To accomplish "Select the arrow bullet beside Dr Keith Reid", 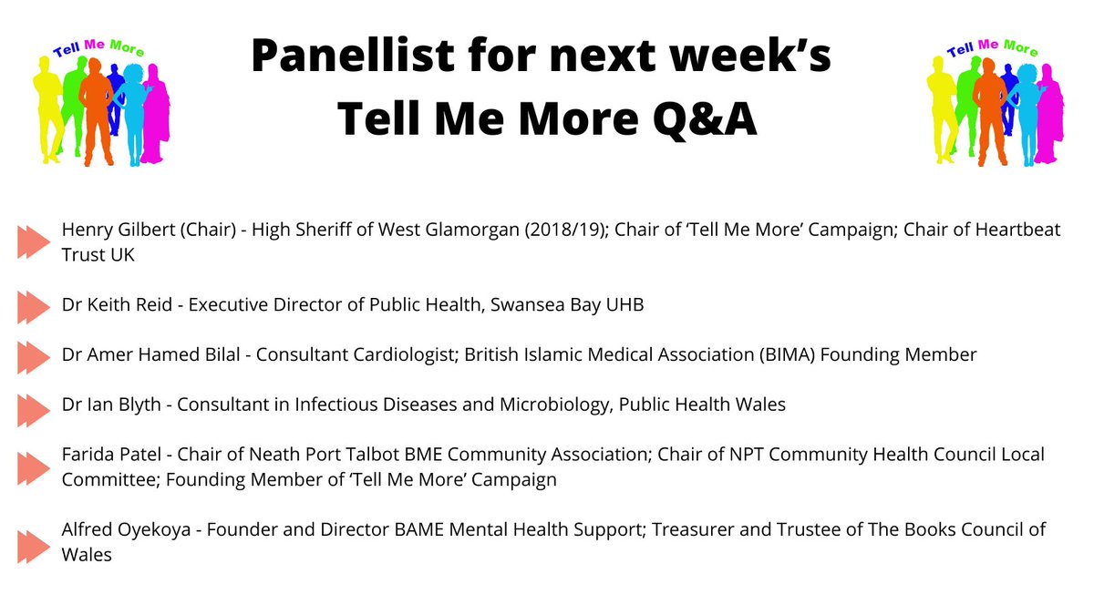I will [34, 304].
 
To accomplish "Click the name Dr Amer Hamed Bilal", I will [152, 354].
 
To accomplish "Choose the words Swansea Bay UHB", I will [565, 304].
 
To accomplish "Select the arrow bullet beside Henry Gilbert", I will [34, 242].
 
